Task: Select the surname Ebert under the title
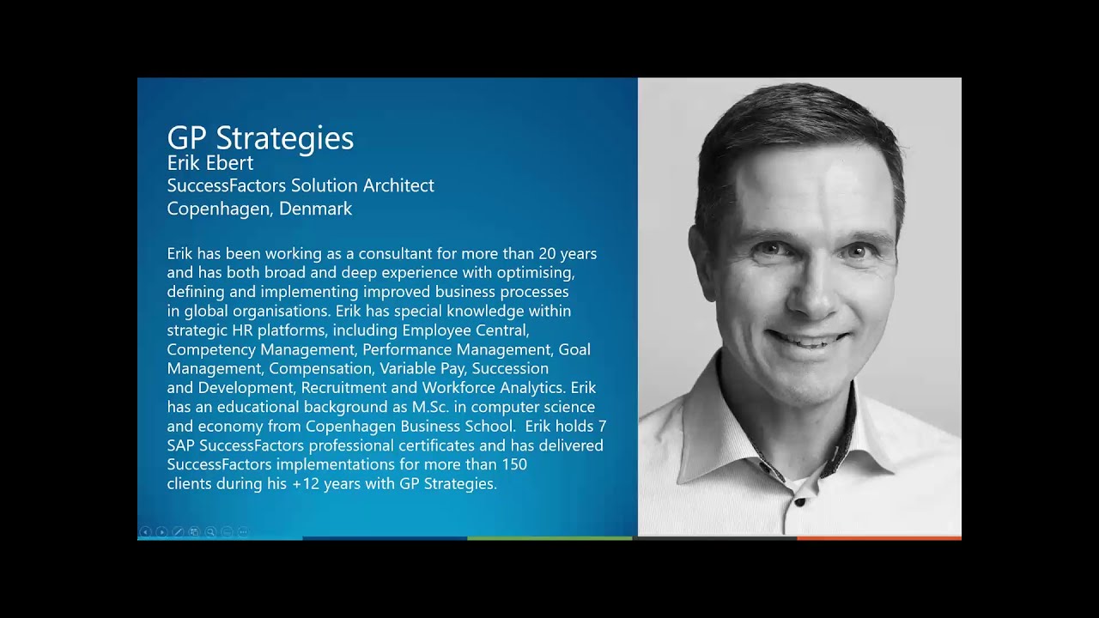point(228,163)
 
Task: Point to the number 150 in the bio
point(512,464)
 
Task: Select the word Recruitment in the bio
point(343,388)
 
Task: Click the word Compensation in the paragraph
point(320,369)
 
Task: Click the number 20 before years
point(548,254)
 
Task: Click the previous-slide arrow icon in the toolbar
point(145,532)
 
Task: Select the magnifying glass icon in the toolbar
point(210,532)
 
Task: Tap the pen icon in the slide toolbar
point(178,532)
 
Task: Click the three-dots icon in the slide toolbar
point(243,532)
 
